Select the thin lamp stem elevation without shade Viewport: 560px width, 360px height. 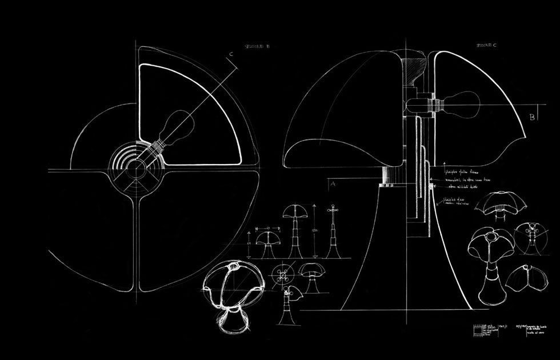[x=331, y=234]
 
